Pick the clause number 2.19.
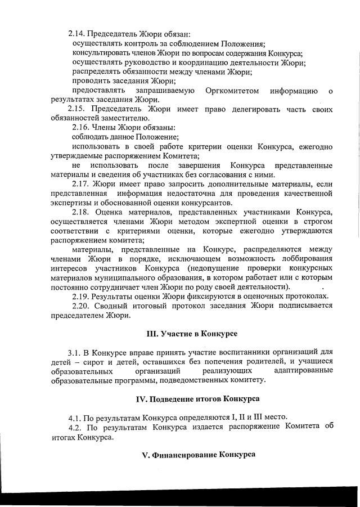(x=83, y=297)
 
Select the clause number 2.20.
(x=83, y=306)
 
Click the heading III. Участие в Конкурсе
(x=191, y=334)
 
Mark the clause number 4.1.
(x=75, y=418)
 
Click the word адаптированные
(x=303, y=370)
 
